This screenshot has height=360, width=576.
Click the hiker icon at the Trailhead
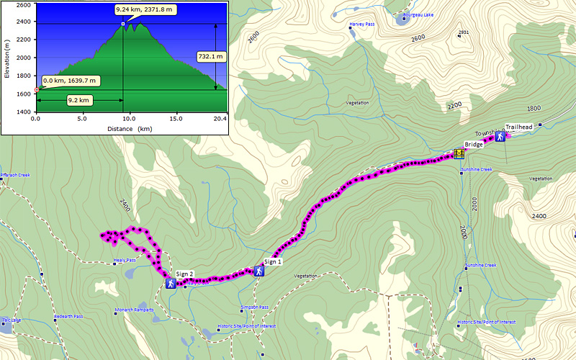pos(500,137)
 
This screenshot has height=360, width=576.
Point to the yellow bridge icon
pos(459,153)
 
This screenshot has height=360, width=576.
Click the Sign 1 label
pos(274,261)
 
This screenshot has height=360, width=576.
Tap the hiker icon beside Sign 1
pos(258,271)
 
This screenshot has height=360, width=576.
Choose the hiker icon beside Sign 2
pos(171,284)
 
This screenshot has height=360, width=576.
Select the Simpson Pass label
pos(254,307)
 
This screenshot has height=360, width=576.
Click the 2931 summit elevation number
pos(464,32)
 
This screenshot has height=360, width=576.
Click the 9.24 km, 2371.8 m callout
pos(146,10)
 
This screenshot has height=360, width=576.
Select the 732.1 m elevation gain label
pos(211,55)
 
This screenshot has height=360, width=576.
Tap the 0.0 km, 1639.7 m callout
pos(70,81)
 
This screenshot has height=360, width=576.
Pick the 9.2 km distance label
pos(78,100)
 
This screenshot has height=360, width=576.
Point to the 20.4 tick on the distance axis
pos(220,118)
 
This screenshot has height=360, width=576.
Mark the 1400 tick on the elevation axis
pos(23,112)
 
